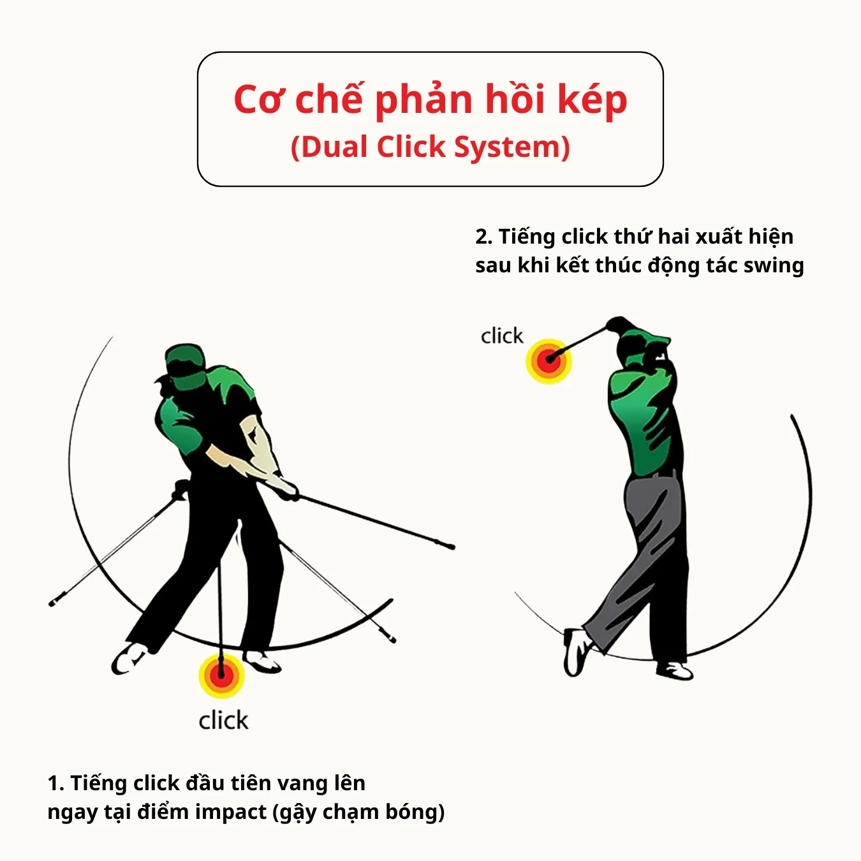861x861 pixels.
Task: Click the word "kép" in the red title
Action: (592, 101)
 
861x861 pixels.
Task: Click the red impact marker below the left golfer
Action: (221, 675)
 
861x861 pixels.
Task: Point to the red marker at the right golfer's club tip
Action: (548, 361)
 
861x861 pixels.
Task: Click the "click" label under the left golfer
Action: (223, 721)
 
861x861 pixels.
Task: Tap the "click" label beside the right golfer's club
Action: (501, 336)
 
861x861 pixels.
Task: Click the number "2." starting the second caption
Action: (483, 237)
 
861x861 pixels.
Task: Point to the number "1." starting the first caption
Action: (55, 783)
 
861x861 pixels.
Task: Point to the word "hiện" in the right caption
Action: (770, 237)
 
